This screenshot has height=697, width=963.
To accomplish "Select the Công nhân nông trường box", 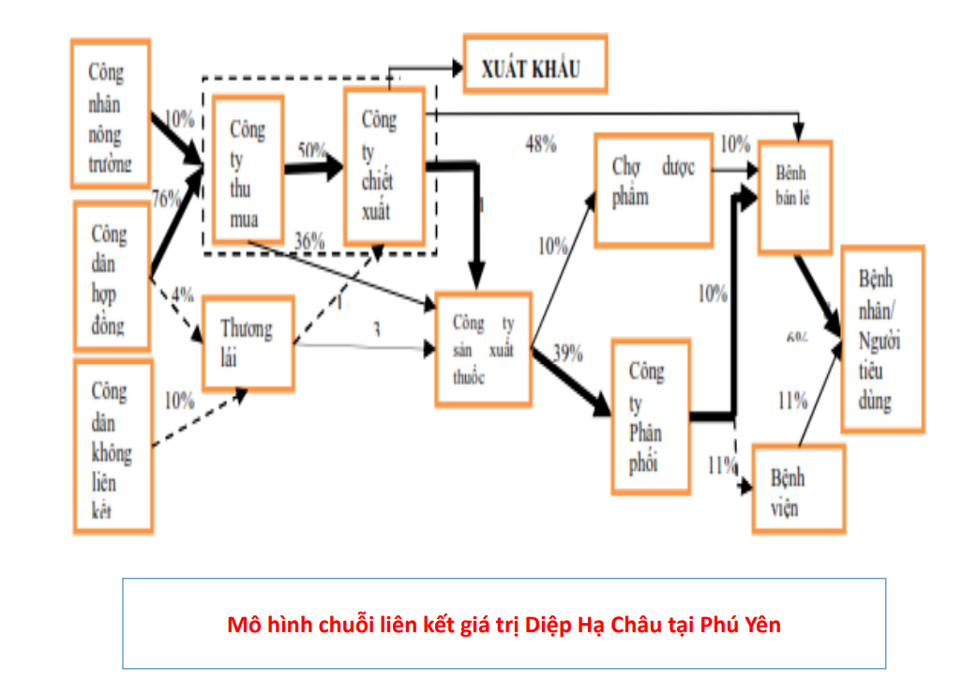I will (111, 113).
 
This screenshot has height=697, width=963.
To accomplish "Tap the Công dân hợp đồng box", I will (111, 278).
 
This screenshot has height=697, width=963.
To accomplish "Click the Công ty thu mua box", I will (248, 173).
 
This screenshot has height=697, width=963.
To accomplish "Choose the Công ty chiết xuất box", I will (384, 165).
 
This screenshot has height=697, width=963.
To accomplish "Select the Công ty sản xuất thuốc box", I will (483, 348).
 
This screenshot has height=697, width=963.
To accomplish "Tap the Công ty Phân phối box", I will (651, 418).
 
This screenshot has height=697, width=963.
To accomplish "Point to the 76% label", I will (166, 198).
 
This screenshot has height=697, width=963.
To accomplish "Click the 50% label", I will (312, 150).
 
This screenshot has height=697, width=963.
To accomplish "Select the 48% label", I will (541, 144).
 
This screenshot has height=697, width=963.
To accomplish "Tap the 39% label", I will (567, 354).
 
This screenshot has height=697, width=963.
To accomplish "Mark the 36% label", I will (308, 240).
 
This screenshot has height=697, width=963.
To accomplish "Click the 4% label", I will (183, 295).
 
